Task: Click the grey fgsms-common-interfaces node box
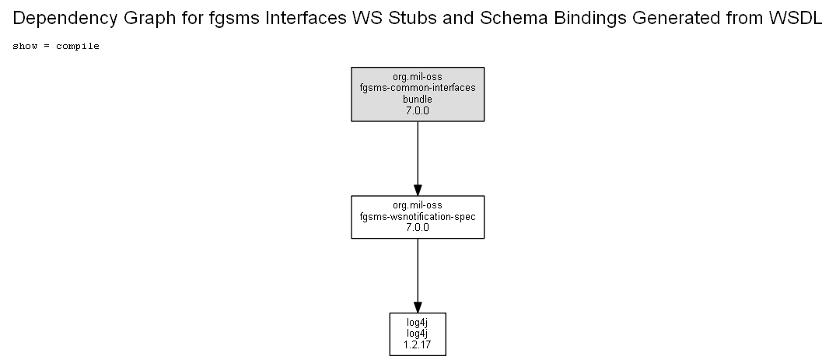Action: click(x=418, y=94)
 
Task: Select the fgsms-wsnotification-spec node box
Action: click(x=418, y=217)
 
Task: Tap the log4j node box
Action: click(x=418, y=334)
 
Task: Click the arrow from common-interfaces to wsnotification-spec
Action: click(x=418, y=159)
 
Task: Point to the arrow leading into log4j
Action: click(x=418, y=276)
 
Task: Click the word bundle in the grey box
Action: click(x=418, y=100)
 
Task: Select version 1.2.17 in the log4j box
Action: click(x=418, y=345)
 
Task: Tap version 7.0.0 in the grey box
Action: click(x=418, y=111)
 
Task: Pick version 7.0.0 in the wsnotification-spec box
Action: click(x=418, y=228)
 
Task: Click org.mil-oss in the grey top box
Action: click(x=418, y=77)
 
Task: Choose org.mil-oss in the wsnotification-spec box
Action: click(x=418, y=205)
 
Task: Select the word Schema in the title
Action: click(x=514, y=18)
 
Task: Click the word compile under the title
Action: click(x=78, y=47)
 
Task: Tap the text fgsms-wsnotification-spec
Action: click(x=418, y=216)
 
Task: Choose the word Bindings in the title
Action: click(x=590, y=19)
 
